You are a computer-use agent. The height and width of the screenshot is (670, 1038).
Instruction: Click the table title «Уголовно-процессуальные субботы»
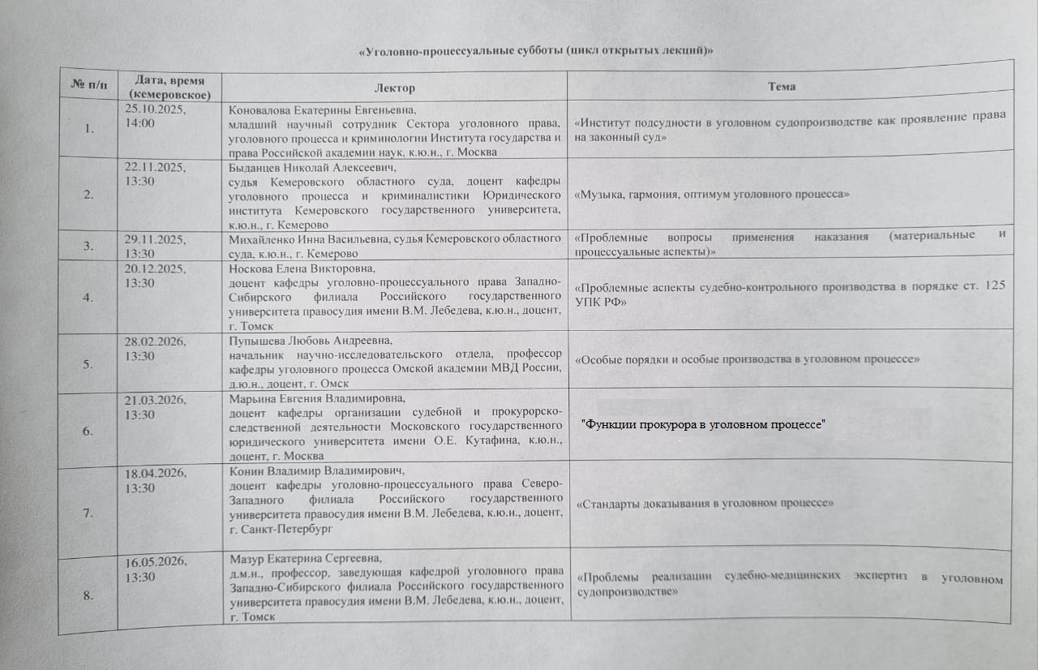click(536, 51)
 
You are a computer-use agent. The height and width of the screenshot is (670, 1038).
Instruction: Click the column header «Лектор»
click(394, 87)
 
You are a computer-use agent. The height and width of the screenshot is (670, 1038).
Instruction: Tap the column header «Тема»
click(782, 85)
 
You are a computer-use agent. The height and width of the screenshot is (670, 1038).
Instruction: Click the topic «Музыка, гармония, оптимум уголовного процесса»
click(711, 195)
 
